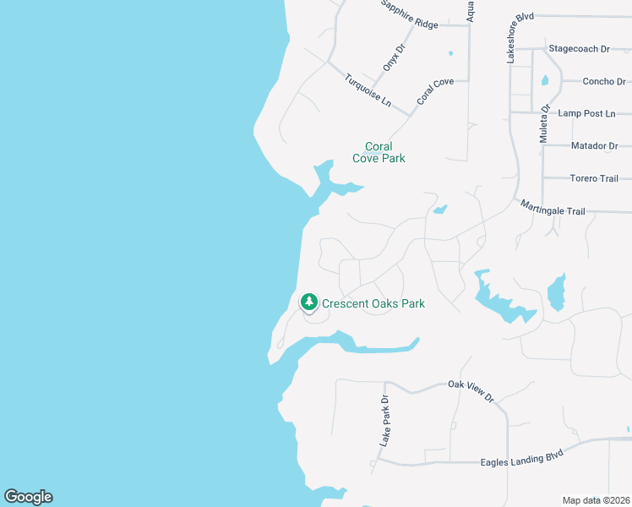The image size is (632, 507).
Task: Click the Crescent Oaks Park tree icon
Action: pyautogui.click(x=309, y=303)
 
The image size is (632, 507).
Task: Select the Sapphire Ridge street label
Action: pyautogui.click(x=409, y=16)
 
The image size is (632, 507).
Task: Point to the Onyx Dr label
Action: pyautogui.click(x=394, y=57)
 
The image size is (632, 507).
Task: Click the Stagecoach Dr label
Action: pyautogui.click(x=579, y=49)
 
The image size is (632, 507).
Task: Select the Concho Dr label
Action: pyautogui.click(x=604, y=82)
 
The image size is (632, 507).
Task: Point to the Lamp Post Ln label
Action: pyautogui.click(x=588, y=113)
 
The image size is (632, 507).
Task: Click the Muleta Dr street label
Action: pyautogui.click(x=545, y=123)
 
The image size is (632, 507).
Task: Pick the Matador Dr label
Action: pyautogui.click(x=594, y=145)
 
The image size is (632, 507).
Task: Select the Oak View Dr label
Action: pyautogui.click(x=470, y=390)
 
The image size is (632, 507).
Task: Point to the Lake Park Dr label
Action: pyautogui.click(x=384, y=421)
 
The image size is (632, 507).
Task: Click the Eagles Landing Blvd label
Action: pyautogui.click(x=521, y=461)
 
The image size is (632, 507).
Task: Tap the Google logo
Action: pyautogui.click(x=28, y=497)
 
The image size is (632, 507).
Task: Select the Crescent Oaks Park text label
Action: pyautogui.click(x=373, y=303)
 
